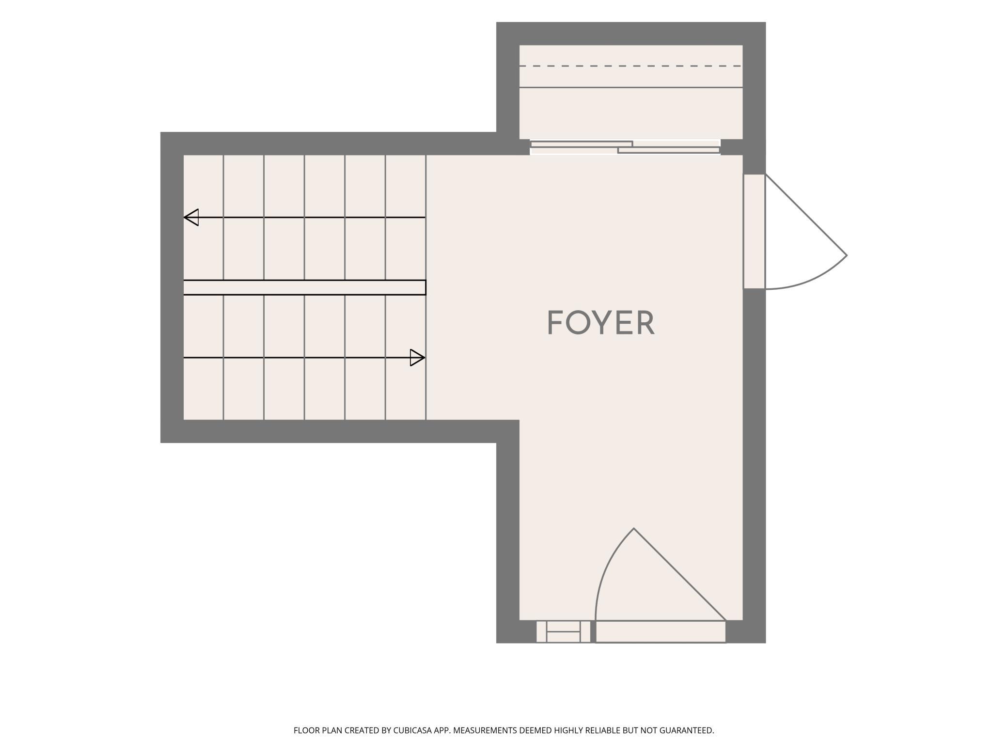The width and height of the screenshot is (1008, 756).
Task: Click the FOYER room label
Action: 601,323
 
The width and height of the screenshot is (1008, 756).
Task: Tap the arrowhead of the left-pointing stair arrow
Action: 191,217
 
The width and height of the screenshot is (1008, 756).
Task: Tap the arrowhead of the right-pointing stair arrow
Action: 417,358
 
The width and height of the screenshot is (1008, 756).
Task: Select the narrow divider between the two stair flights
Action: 304,287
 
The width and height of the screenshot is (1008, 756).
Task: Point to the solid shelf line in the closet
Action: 631,87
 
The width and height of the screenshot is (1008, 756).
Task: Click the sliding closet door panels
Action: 625,147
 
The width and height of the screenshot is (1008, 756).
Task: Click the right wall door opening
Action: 754,232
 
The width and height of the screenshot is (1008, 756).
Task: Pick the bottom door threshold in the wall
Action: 661,631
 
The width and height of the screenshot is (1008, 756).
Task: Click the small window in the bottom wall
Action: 563,631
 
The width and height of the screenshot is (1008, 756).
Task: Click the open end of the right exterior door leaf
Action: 847,255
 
